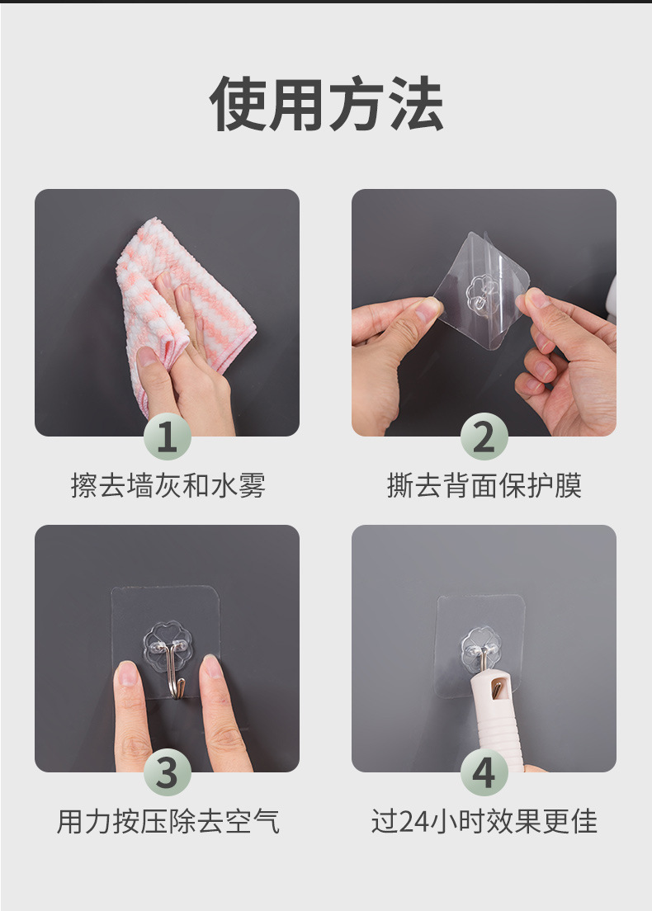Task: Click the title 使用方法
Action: [x=326, y=105]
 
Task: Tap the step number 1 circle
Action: [x=168, y=437]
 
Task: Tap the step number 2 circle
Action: [x=484, y=437]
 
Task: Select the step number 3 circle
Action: [x=168, y=773]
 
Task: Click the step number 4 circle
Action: [x=484, y=773]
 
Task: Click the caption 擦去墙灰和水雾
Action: [x=168, y=486]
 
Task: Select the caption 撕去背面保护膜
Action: [x=484, y=486]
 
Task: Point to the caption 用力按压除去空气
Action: [x=168, y=821]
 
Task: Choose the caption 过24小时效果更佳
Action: [x=484, y=821]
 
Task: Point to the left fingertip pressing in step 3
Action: [x=128, y=677]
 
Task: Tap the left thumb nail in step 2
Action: [x=427, y=310]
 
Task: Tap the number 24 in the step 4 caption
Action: [x=410, y=822]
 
